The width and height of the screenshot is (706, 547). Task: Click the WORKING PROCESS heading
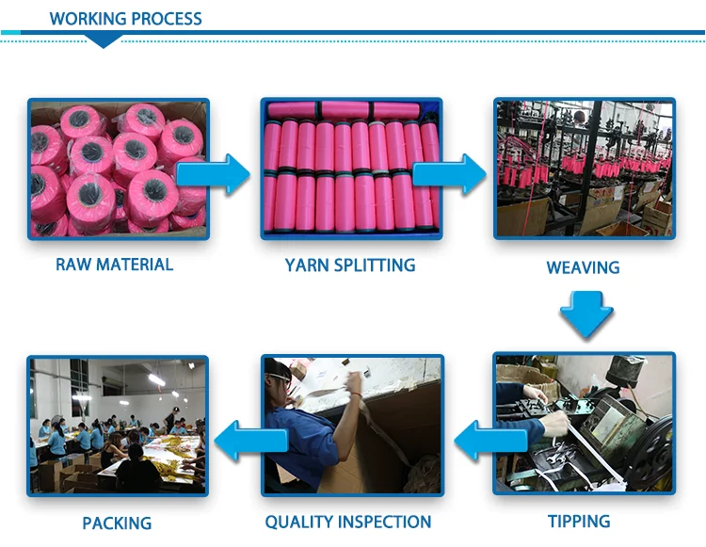point(125,18)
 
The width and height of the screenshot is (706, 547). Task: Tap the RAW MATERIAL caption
point(114,265)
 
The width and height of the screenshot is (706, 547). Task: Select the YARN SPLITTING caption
point(350,265)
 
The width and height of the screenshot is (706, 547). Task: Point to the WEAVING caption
point(583,267)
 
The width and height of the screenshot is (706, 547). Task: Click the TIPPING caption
point(579,521)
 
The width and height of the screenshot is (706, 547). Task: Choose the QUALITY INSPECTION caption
point(348,522)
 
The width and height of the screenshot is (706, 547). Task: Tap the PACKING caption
point(117,523)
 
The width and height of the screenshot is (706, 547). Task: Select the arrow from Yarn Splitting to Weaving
point(449,173)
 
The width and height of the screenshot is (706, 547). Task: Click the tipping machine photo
point(585,424)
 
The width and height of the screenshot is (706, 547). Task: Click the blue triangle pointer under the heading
point(104,40)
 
